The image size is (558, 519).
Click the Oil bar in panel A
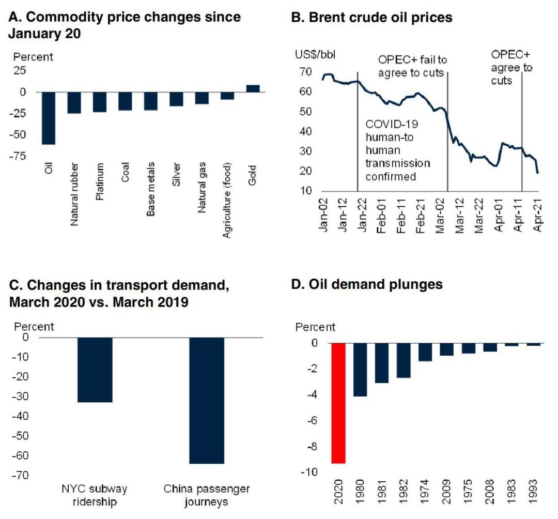point(49,118)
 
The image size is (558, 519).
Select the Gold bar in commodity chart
point(253,88)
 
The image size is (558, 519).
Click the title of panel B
point(372,18)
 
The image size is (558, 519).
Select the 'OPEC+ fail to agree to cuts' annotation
point(412,66)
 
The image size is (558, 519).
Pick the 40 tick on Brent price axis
point(305,132)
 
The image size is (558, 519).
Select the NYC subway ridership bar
point(95,370)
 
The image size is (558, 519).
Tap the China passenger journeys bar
point(206,401)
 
